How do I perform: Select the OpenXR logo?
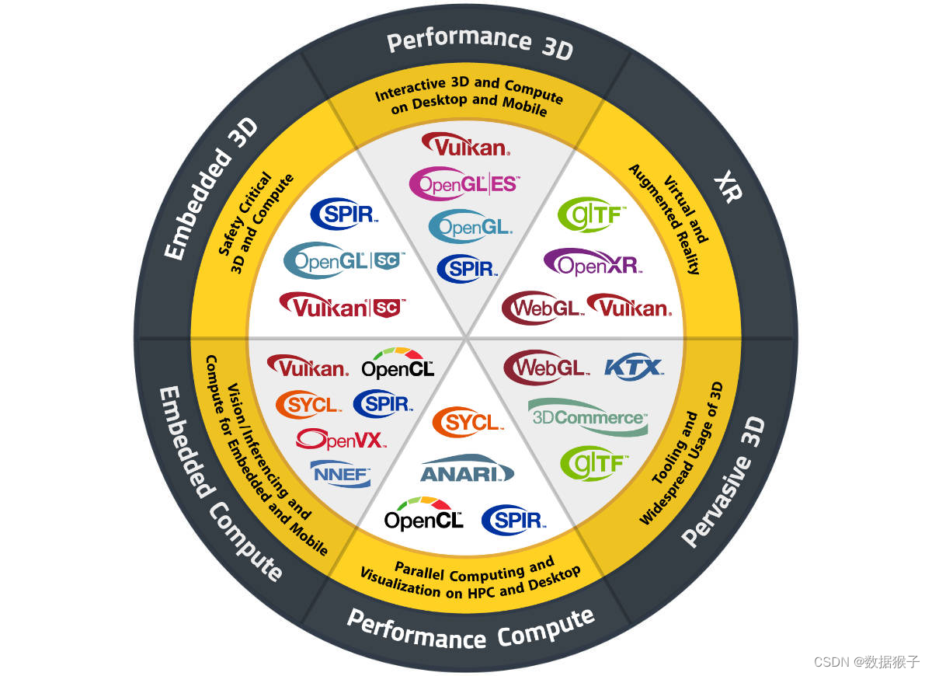point(593,263)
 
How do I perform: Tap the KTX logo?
point(634,366)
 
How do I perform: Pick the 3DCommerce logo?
point(588,416)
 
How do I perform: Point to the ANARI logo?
point(467,469)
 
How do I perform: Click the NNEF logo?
point(341,472)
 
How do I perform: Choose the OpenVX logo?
point(340,440)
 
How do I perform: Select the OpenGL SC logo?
point(345,260)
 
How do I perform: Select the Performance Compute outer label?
point(470,628)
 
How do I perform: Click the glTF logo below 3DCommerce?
point(594,463)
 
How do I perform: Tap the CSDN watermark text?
point(866,661)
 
